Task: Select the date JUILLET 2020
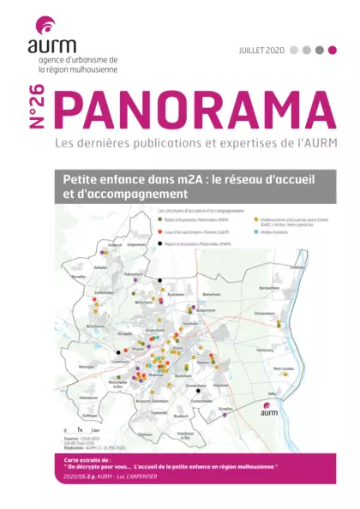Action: pos(262,51)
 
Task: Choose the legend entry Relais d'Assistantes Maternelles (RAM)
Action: pos(125,219)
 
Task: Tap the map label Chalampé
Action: pos(297,266)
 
